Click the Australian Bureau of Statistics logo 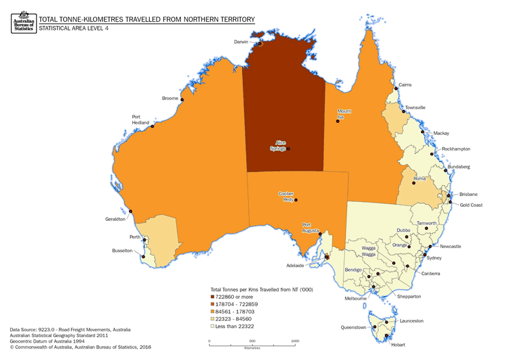[23, 22]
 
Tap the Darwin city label [242, 41]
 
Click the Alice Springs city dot [288, 149]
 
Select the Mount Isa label [344, 114]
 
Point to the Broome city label [170, 98]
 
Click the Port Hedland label [140, 119]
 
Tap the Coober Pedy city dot [296, 200]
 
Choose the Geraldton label [115, 219]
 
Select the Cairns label [405, 85]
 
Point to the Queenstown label [353, 328]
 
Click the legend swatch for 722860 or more [213, 297]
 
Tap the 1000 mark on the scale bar [295, 341]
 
